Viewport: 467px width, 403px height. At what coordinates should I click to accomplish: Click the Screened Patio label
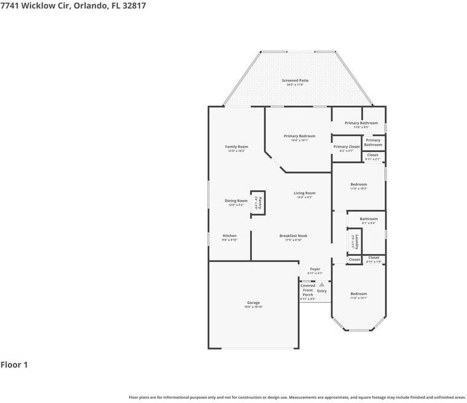point(295,81)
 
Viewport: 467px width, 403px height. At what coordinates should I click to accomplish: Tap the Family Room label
point(237,146)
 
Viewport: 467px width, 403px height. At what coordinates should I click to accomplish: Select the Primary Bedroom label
point(299,136)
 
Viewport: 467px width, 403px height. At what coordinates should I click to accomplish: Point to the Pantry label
point(260,202)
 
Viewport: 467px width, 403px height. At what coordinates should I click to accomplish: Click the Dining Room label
point(236,201)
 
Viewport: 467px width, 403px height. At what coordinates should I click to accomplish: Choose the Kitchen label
point(229,236)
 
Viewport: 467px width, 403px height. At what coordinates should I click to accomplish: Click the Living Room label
point(305,193)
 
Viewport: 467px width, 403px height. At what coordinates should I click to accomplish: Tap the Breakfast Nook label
point(293,236)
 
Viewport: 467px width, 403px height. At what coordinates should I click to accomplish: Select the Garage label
point(253,303)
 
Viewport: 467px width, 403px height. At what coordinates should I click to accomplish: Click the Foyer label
point(315,269)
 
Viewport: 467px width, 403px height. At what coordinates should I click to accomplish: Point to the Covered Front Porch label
point(308,290)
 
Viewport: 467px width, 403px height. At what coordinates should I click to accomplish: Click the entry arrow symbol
point(321,285)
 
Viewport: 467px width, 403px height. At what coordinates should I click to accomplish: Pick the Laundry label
point(356,241)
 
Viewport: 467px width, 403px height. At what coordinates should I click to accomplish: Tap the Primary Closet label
point(347,147)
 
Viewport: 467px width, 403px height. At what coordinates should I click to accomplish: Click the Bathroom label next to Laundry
point(369,219)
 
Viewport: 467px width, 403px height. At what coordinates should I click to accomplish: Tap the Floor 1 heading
point(14,365)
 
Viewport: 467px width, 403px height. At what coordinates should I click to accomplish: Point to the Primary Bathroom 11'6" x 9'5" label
point(361,123)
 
